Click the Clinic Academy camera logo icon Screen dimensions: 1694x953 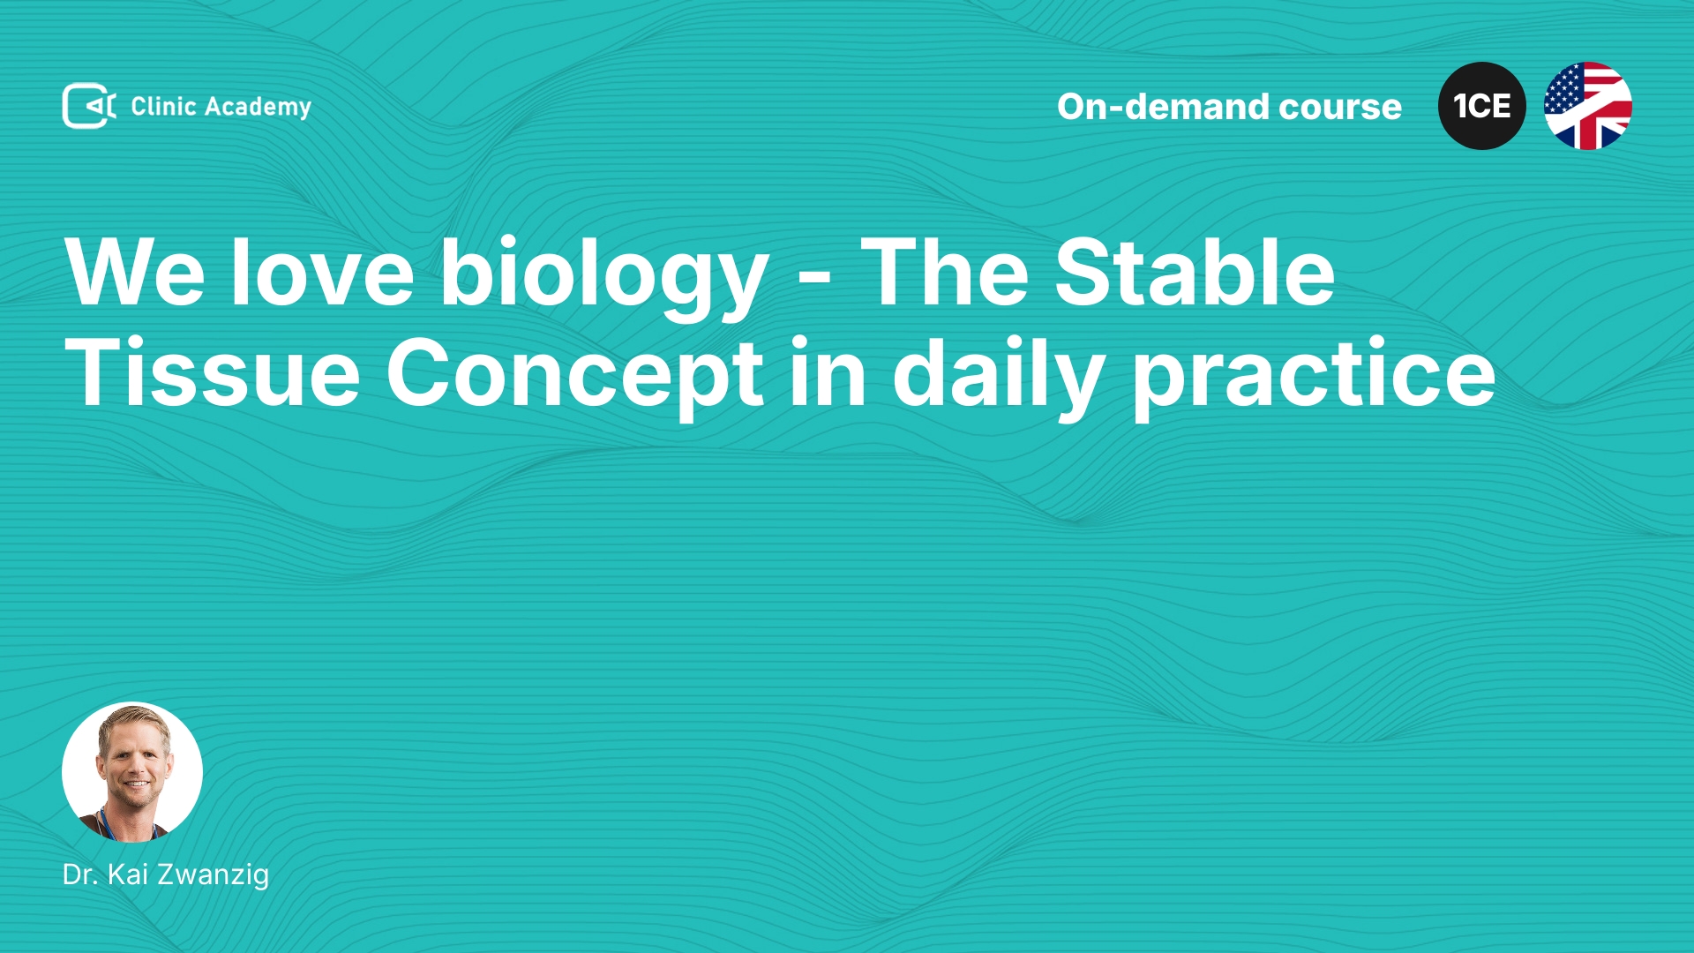(x=89, y=106)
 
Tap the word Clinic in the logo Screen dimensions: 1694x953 (x=163, y=107)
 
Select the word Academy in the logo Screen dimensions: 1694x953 (x=258, y=108)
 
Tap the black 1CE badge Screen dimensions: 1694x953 (x=1482, y=106)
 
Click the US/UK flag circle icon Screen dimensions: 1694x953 (x=1588, y=106)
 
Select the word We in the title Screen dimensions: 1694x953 (x=135, y=273)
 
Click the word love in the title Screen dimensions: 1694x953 (x=322, y=273)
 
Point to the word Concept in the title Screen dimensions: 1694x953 (x=574, y=377)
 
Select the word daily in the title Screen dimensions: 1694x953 (x=999, y=378)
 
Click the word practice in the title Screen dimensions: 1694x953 (x=1314, y=378)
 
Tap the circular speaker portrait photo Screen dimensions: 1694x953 (x=132, y=772)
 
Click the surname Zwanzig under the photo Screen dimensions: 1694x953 (x=213, y=875)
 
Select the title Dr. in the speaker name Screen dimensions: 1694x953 (x=80, y=874)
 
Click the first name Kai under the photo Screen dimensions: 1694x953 (x=128, y=874)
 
